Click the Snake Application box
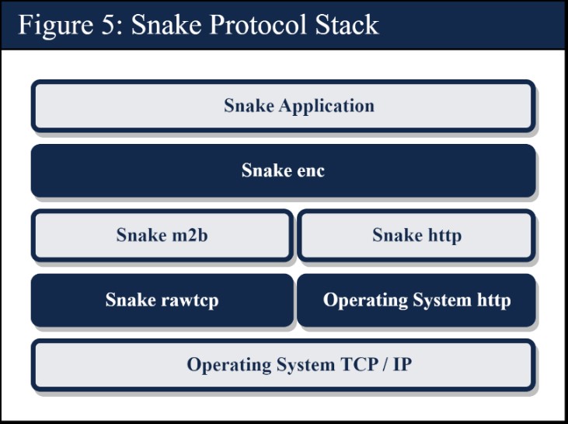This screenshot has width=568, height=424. (x=283, y=106)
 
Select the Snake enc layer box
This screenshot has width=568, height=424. (x=283, y=170)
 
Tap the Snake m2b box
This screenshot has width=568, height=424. (x=162, y=235)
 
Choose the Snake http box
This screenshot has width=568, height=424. (x=416, y=235)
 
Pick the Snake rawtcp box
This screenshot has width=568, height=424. (x=162, y=300)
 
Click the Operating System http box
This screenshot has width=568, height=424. (x=416, y=300)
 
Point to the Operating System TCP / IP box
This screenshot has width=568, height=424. (x=283, y=364)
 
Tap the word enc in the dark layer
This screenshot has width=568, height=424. (x=308, y=170)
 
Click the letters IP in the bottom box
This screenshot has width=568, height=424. (x=401, y=364)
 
